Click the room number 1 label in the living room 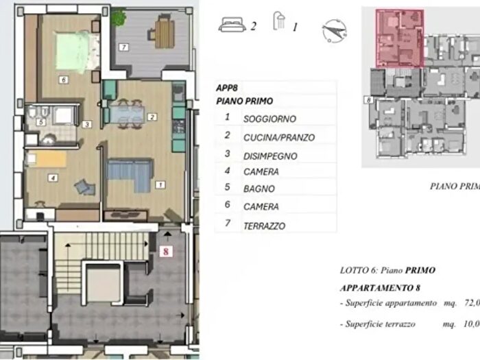[160, 184]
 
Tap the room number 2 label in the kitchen [152, 117]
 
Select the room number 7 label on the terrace [123, 47]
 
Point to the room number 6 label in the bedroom [63, 80]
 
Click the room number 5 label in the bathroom [41, 122]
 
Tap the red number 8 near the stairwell [165, 251]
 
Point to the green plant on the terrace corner [119, 15]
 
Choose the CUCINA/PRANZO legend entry [279, 137]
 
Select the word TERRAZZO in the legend [264, 226]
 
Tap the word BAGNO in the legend [259, 189]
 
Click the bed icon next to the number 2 [232, 26]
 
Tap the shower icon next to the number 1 [279, 22]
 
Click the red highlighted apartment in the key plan [399, 38]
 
